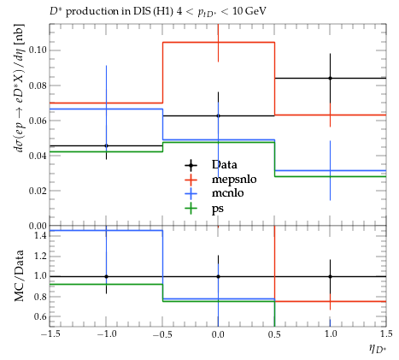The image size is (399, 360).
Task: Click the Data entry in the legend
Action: click(x=224, y=164)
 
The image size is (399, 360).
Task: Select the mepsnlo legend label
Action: click(x=234, y=180)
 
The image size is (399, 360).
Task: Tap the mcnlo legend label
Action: click(x=227, y=193)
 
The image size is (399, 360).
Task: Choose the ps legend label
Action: click(x=218, y=209)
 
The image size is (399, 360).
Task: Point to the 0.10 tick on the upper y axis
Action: click(x=38, y=50)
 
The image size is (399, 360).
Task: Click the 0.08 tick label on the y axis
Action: click(x=38, y=86)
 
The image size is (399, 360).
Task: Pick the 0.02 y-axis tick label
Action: click(x=38, y=191)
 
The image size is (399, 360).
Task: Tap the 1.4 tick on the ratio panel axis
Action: click(x=40, y=235)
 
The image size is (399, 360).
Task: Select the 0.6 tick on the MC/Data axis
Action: click(x=40, y=316)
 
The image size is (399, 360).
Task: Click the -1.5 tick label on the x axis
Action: click(x=50, y=333)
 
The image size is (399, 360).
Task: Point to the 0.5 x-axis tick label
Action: click(x=274, y=333)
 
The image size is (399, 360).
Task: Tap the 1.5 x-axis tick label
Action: click(x=386, y=333)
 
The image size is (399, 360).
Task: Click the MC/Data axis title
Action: click(x=19, y=276)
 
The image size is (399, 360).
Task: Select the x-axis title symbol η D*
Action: click(x=378, y=349)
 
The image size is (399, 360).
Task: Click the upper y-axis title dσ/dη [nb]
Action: click(x=20, y=88)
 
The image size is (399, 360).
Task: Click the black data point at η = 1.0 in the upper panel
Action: click(x=330, y=78)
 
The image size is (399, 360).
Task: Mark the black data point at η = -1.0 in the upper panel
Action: click(x=106, y=145)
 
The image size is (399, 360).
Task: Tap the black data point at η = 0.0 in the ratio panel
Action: click(x=218, y=276)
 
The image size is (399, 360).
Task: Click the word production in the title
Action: click(x=91, y=11)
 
